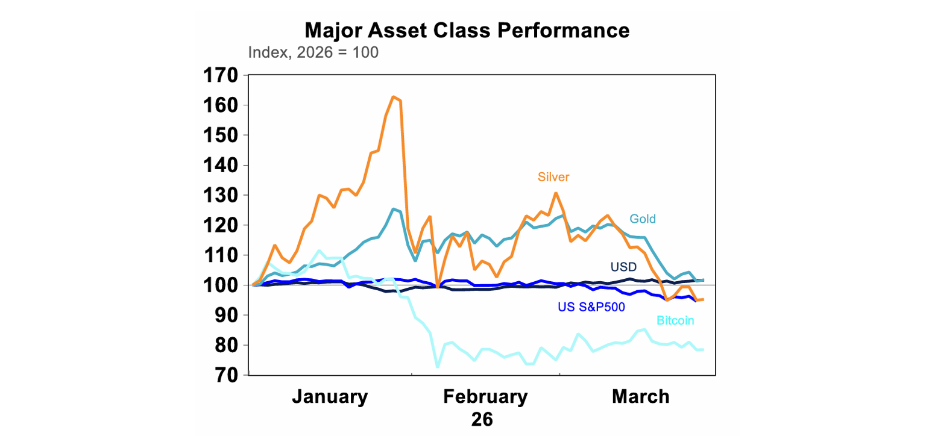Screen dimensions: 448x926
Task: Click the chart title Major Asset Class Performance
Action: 467,30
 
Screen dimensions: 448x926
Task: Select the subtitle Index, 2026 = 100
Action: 313,52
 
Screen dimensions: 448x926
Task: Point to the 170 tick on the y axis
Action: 221,76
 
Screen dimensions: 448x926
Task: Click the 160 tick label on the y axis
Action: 221,105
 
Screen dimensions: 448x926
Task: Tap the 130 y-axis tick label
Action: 221,196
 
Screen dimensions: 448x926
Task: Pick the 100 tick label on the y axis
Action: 221,285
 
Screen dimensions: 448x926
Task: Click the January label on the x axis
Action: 330,397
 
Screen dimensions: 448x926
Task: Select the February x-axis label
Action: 485,397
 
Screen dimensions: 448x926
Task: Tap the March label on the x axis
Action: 640,397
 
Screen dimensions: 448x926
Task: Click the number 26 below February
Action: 482,419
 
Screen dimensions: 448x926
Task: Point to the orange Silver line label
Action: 553,177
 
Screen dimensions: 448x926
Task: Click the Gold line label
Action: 642,219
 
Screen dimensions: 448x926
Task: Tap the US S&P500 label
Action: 591,307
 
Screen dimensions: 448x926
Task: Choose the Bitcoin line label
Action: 675,321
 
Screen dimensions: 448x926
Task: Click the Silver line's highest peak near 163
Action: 393,96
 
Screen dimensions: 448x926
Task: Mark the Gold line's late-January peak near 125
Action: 393,209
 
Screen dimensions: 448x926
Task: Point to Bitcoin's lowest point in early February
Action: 437,367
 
